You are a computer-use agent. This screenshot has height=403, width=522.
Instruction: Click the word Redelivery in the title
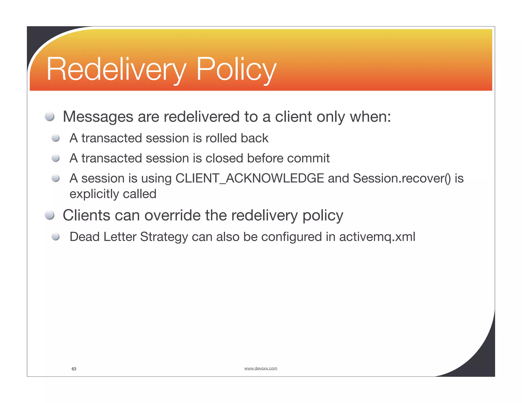pos(116,69)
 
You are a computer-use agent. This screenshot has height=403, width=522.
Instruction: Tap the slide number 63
pos(74,369)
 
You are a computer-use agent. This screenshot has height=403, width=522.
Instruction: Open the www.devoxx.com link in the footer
pos(260,368)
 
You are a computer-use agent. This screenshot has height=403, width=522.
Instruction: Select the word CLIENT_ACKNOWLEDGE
pos(250,178)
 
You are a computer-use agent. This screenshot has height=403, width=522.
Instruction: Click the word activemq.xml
pos(377,237)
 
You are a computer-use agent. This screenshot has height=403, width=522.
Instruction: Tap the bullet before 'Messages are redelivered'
pos(49,116)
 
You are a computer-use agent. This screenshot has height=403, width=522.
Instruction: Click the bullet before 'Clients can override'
pos(49,215)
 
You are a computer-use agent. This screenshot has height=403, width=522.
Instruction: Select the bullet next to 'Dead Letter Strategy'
pos(56,237)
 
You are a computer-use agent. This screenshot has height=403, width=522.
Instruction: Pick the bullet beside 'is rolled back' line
pos(56,138)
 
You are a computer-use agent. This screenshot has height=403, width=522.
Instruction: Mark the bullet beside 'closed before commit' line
pos(56,158)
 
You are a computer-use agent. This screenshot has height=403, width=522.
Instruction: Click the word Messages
pos(98,117)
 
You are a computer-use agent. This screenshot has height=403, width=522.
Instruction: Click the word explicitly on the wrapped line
pos(94,194)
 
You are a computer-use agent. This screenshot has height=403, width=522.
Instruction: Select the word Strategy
pos(164,237)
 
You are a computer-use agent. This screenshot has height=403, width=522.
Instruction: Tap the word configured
pos(291,237)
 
